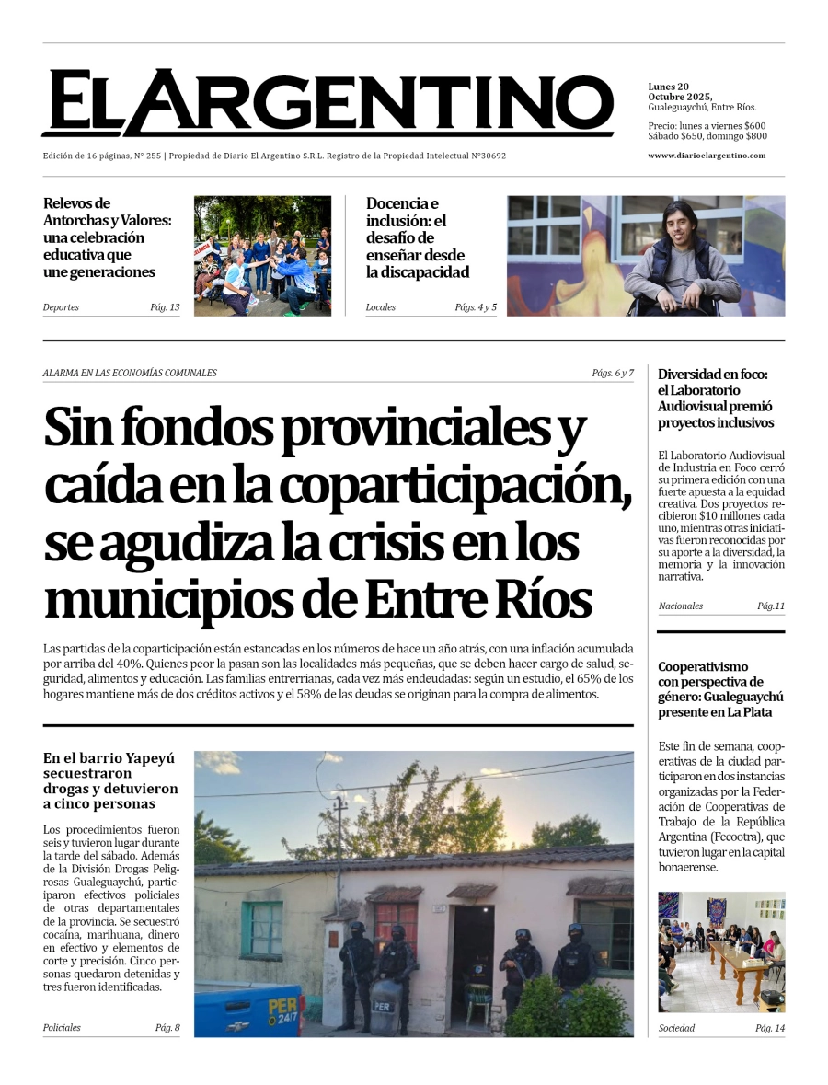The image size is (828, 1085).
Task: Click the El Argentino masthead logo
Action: coord(328,103)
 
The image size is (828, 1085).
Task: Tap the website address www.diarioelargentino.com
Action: coord(707,156)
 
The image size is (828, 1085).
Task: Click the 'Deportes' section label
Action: coord(61,307)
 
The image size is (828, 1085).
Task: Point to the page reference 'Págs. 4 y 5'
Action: coord(476,307)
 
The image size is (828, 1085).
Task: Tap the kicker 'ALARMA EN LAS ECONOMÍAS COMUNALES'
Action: coord(130,373)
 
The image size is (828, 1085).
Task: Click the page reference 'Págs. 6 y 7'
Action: coord(613,373)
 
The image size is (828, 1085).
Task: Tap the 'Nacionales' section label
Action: coord(681,606)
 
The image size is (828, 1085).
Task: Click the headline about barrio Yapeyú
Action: coord(110,781)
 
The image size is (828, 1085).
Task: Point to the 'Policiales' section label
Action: coord(62,1028)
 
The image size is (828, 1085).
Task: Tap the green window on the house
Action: coord(263,929)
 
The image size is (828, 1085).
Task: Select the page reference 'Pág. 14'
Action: coord(770,1028)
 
